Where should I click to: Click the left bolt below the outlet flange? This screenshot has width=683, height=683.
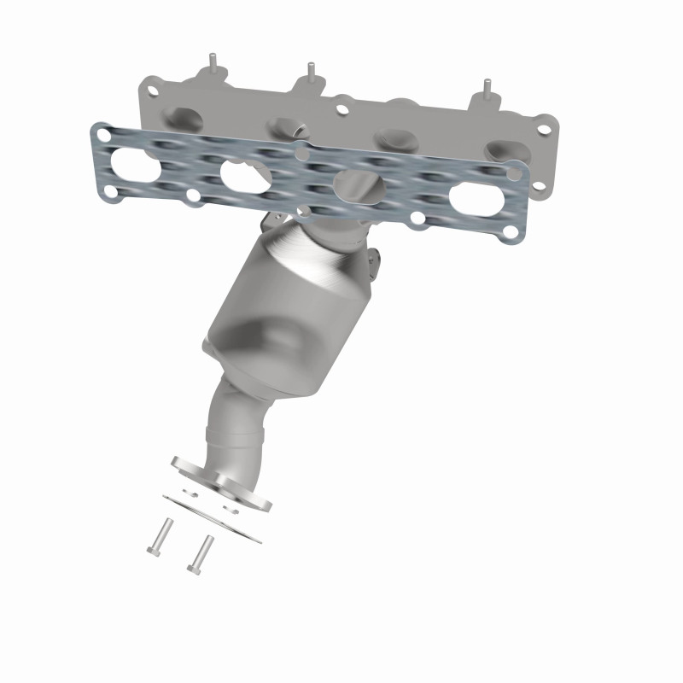(x=160, y=536)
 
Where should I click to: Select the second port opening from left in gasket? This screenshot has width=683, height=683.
(x=247, y=173)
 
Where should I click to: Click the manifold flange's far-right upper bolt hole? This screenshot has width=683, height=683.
(x=541, y=131)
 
